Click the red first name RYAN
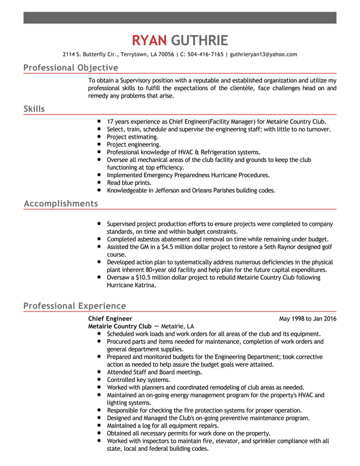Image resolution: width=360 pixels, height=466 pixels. point(149,40)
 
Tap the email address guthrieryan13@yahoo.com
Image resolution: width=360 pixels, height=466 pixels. point(263,55)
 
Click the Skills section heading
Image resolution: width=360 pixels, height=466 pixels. point(34,108)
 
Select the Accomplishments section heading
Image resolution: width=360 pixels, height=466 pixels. point(60,203)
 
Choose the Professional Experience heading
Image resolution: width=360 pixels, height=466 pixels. point(74,306)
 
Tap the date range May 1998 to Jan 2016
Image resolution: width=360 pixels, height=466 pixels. point(308,319)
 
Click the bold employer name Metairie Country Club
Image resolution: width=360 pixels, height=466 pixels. point(120,326)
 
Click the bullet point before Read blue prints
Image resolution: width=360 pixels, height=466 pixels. point(99,183)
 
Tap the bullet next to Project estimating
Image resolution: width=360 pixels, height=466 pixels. point(99,137)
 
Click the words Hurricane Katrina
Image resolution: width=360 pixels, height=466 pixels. point(131,285)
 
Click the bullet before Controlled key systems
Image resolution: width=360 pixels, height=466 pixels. point(99,380)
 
